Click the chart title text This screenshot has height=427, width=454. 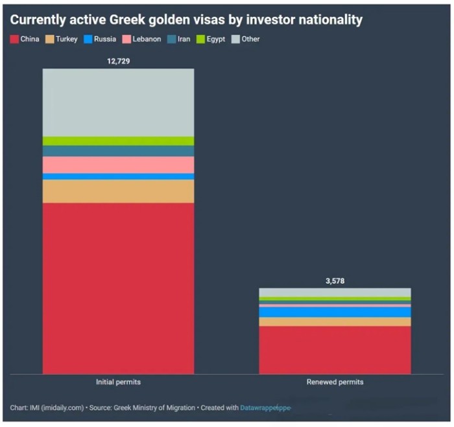pos(186,20)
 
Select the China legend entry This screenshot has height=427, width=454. pos(25,40)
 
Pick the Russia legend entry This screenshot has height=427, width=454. pos(100,40)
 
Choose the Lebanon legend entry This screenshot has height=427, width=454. pos(142,40)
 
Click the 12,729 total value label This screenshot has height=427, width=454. pos(118,60)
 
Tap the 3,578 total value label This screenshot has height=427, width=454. pos(335,281)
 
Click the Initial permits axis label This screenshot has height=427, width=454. pos(118,382)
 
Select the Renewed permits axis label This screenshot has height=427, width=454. pos(335,382)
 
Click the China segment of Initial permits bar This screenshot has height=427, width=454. pos(118,288)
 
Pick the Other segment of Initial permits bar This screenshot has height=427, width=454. pos(118,102)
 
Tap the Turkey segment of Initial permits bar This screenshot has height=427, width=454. pos(118,191)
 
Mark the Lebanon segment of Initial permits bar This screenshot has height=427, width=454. pos(118,165)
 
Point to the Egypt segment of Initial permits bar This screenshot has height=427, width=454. pos(118,141)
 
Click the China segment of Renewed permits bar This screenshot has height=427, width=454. pos(335,350)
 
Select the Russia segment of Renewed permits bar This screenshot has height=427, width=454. pos(335,312)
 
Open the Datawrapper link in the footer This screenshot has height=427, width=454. pos(265,408)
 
